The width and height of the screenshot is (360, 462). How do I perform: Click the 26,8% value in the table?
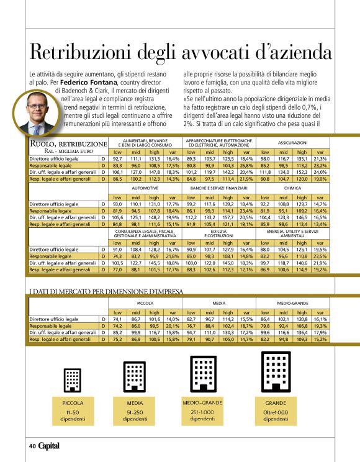246,166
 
